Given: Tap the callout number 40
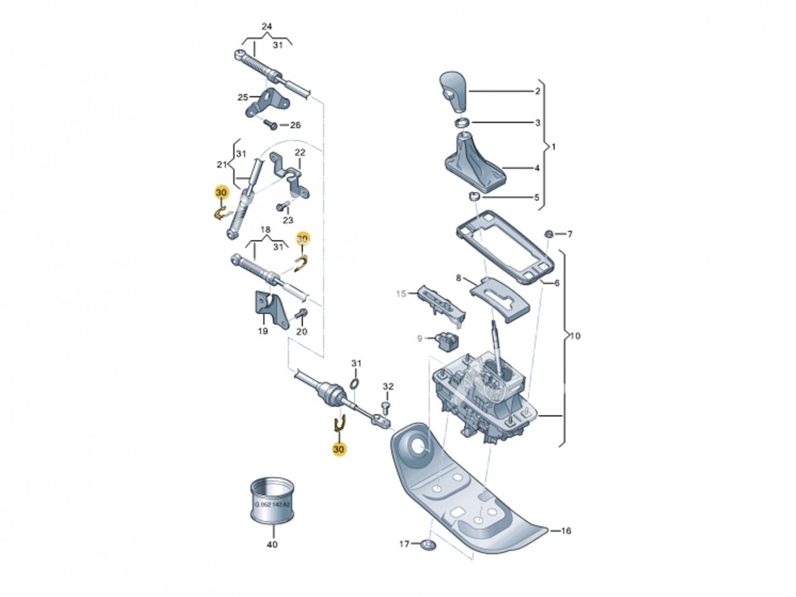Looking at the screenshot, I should coord(272,545).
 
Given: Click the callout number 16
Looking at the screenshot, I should coord(566,531).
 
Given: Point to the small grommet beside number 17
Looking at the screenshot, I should coord(427,545).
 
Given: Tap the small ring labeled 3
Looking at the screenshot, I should coord(463,122).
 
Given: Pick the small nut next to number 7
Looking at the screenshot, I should coord(549,234).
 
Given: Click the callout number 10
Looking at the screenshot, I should coord(575,336).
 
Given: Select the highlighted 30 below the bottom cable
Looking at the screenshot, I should coord(339,450).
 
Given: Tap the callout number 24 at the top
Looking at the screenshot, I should coord(267,27).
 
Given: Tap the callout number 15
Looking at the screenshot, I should coord(400,294).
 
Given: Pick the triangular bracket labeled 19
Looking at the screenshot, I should coord(269,308).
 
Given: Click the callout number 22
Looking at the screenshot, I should coord(300,153).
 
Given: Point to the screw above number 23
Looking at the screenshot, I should coord(282,206).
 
